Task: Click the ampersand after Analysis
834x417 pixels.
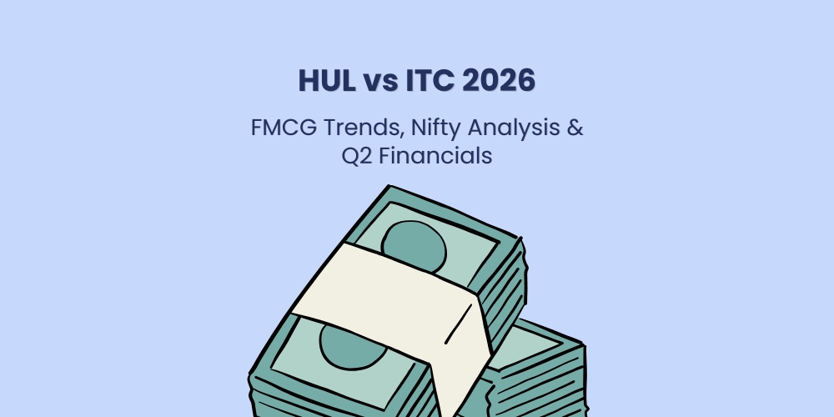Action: [575, 129]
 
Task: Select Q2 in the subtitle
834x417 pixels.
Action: [358, 156]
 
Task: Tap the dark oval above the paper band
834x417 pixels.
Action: [417, 238]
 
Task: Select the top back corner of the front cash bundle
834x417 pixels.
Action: [385, 189]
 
